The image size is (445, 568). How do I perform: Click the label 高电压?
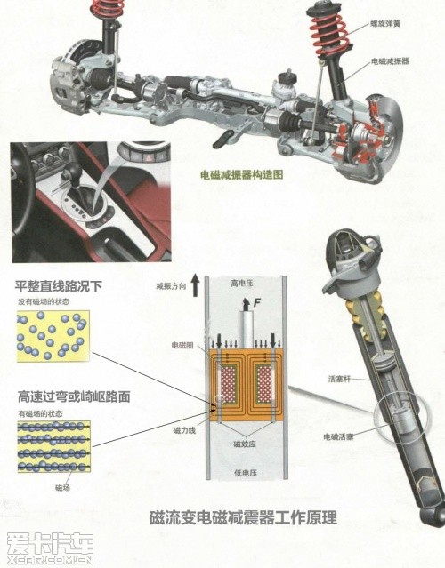coord(240,284)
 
